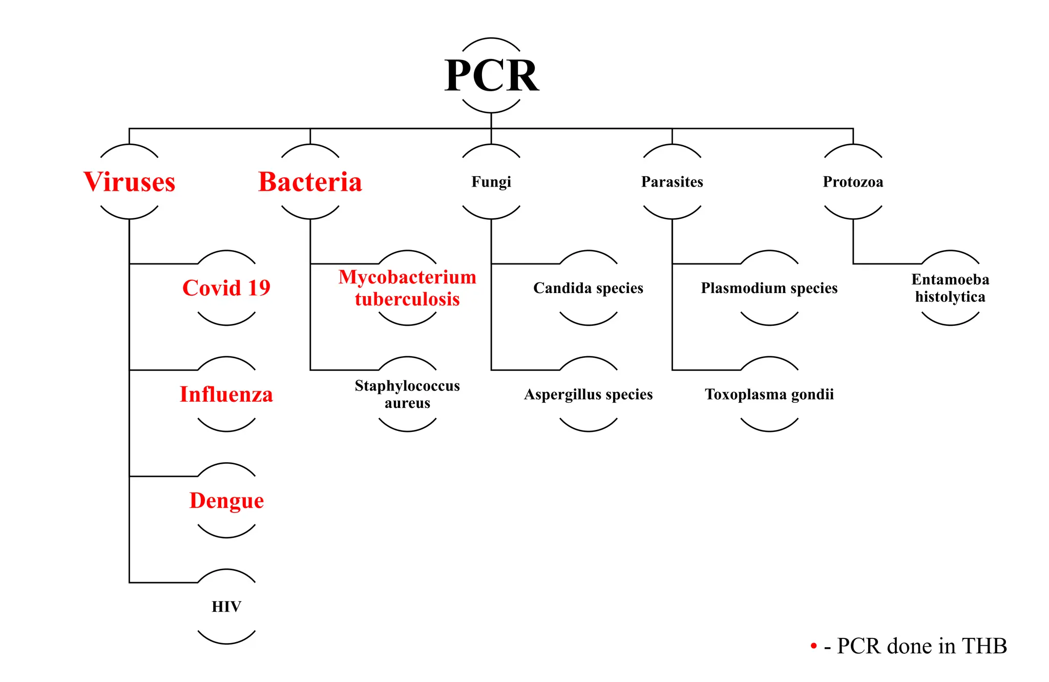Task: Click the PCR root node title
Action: click(x=491, y=76)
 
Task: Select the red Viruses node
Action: click(x=129, y=182)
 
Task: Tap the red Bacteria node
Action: click(x=310, y=182)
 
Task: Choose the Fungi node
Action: click(x=491, y=182)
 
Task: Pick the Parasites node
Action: click(x=672, y=182)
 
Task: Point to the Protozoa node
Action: click(x=853, y=182)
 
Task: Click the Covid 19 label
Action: click(x=226, y=288)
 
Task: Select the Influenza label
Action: click(x=226, y=394)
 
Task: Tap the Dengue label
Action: click(x=226, y=500)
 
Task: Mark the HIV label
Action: click(x=226, y=607)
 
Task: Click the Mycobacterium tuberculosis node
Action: click(x=407, y=288)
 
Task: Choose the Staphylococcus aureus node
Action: click(x=407, y=394)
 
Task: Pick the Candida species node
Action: click(x=588, y=288)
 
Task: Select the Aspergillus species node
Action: click(x=588, y=394)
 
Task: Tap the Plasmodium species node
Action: click(x=769, y=288)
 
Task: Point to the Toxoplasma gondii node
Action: click(x=769, y=394)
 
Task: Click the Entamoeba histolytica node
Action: click(x=950, y=288)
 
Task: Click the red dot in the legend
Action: click(x=813, y=646)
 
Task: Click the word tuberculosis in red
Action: click(x=407, y=299)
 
